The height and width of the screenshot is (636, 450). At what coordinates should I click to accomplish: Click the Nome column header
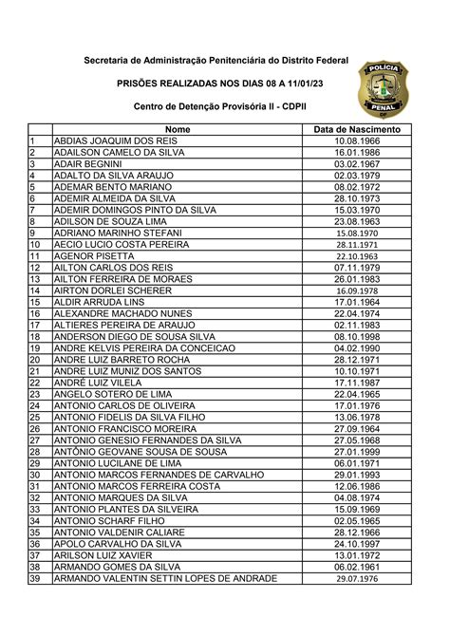point(178,129)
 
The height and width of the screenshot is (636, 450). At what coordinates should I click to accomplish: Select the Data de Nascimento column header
point(357,129)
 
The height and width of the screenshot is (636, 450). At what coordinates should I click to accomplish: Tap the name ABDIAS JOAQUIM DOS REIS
point(116,140)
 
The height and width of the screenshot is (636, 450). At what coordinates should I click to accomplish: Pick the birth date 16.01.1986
point(357,152)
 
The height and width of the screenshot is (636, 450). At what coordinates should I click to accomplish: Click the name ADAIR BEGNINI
point(88,163)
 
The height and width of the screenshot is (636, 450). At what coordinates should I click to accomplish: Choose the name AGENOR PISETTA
point(94,255)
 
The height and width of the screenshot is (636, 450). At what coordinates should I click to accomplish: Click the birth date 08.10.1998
point(357,336)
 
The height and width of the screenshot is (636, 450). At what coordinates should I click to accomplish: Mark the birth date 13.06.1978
point(357,417)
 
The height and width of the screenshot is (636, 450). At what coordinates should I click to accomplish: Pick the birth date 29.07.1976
point(357,578)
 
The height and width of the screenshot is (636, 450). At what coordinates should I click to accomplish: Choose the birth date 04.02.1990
point(357,347)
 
